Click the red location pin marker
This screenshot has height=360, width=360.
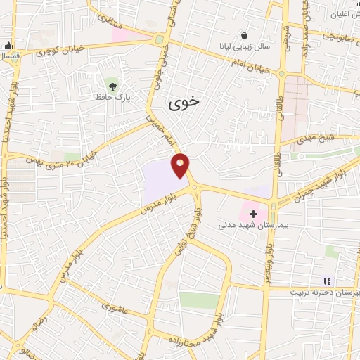point(181,165)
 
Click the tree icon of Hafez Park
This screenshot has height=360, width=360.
point(113,86)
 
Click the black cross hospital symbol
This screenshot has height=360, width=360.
point(253,213)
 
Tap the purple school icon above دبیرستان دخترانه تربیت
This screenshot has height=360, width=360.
point(326,281)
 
